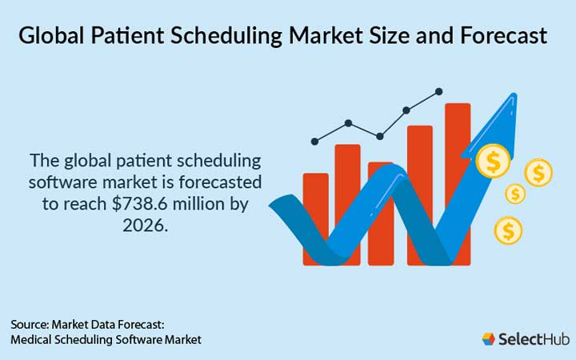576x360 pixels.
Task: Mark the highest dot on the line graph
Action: click(x=438, y=92)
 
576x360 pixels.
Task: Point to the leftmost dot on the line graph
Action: click(x=314, y=142)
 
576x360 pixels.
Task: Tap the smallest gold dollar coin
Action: click(x=516, y=194)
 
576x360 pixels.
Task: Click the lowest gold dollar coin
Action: click(x=508, y=231)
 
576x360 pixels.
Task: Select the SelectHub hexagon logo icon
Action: click(x=489, y=339)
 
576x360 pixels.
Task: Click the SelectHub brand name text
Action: click(x=529, y=339)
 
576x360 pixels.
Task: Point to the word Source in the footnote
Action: click(x=29, y=325)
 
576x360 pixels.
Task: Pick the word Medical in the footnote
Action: click(x=33, y=340)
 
